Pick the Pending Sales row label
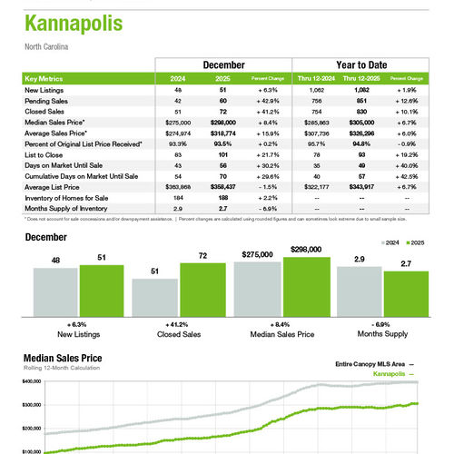click(x=45, y=103)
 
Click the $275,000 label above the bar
click(x=257, y=255)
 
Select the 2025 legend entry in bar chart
click(x=416, y=243)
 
